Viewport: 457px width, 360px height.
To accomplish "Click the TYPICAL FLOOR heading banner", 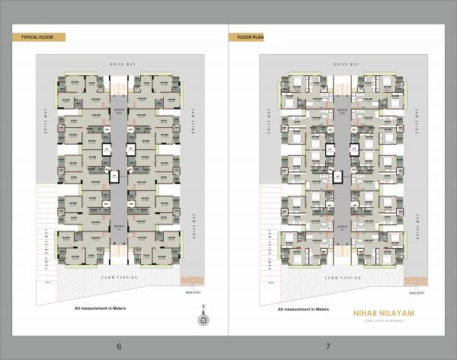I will click(37, 37).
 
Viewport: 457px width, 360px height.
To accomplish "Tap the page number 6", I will click(119, 346).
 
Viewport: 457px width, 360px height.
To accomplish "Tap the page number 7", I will click(328, 346).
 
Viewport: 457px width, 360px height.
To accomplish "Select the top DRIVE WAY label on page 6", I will click(122, 65).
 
